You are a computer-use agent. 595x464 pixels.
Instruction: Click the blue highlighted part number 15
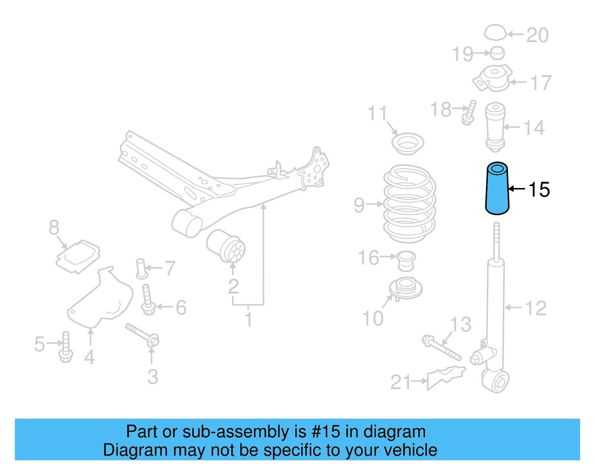497,189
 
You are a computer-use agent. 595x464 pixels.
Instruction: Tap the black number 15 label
538,190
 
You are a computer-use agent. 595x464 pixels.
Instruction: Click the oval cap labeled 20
495,33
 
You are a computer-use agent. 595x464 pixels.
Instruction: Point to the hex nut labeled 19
497,53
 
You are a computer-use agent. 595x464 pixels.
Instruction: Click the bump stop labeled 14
495,126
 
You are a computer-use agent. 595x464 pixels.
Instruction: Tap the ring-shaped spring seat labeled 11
408,143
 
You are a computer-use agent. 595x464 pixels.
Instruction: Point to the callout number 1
248,319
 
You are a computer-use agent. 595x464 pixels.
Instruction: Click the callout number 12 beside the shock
535,308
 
